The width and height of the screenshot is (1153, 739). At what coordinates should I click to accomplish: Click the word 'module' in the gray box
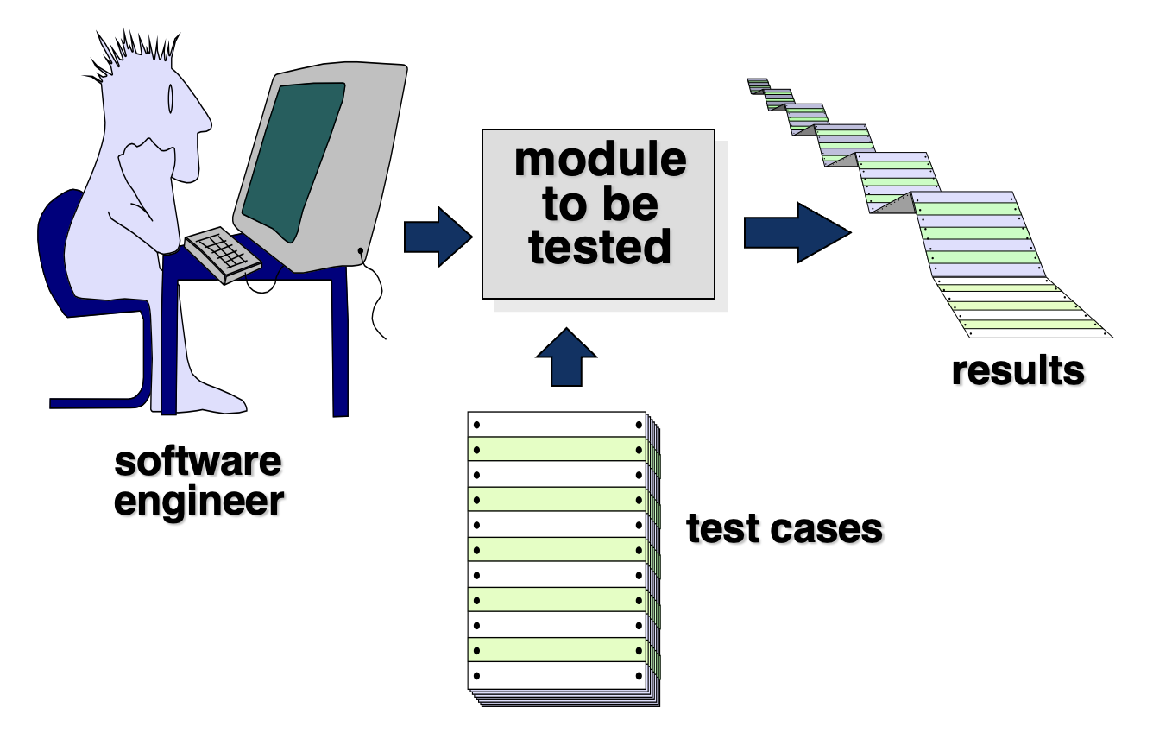pos(600,160)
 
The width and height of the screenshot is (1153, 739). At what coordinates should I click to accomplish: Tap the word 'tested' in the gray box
pos(600,247)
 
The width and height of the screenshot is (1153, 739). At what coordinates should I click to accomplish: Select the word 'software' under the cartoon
pos(198,461)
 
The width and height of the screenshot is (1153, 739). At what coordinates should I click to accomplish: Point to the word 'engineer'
pos(198,501)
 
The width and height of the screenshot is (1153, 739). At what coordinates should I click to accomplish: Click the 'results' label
pos(1018,370)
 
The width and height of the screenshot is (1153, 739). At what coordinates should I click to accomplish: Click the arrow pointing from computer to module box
pos(438,237)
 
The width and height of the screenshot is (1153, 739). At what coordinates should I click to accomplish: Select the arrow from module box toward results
pos(797,233)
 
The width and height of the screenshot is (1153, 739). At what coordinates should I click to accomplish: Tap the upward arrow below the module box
pos(566,357)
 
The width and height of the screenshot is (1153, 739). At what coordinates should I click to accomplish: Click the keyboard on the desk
pos(224,255)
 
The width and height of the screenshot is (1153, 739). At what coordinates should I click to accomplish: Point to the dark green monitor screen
pos(294,161)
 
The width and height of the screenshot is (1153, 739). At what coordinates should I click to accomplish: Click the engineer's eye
pos(170,98)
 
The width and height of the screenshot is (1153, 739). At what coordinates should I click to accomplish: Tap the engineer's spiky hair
pos(133,57)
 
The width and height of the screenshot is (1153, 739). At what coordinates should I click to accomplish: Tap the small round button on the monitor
pos(361,251)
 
